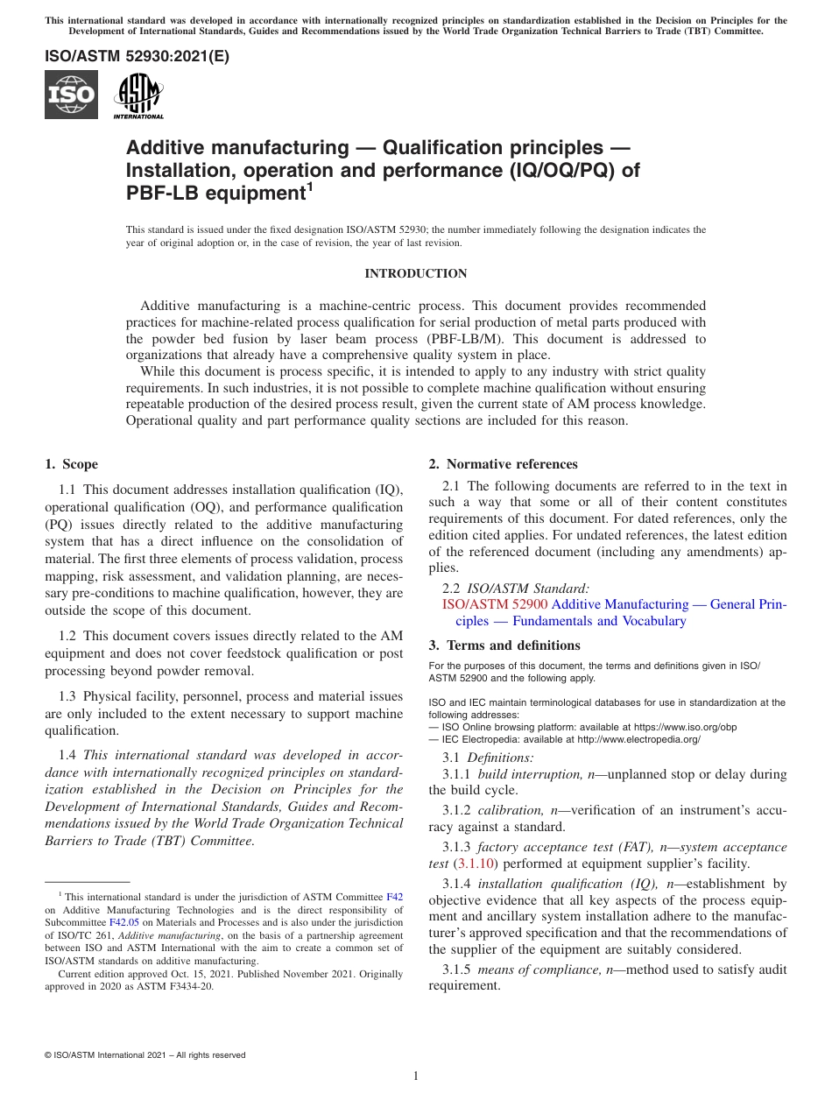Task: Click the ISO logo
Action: [71, 95]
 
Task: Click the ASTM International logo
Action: [138, 95]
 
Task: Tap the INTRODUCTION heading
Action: [415, 274]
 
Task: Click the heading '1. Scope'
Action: [71, 464]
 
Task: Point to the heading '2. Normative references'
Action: [503, 464]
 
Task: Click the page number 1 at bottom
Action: [416, 1075]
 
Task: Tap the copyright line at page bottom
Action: [145, 1055]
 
